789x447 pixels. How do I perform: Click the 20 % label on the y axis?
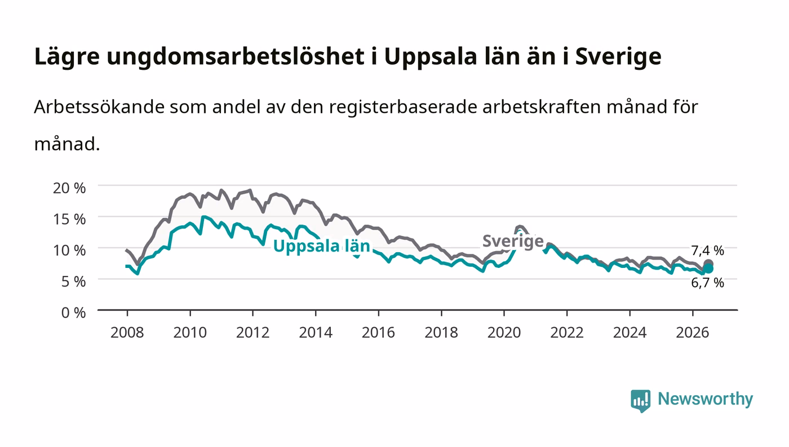coord(69,188)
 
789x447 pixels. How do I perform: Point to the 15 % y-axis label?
coord(69,219)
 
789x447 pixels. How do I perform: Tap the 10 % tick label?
coord(69,251)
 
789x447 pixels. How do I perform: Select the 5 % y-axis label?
coord(73,281)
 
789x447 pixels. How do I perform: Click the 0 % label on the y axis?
coord(73,312)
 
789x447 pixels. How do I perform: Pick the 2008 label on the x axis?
coord(127,333)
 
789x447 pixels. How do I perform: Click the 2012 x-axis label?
coord(253,333)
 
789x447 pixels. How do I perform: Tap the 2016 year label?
coord(378,333)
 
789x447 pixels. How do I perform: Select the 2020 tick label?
coord(504,333)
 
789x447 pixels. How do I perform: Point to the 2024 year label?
coord(630,333)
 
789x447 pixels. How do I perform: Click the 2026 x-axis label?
coord(693,333)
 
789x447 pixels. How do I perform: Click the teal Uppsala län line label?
coord(322,247)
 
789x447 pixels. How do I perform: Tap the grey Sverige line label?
coord(513,242)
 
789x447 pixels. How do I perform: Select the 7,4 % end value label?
coord(708,251)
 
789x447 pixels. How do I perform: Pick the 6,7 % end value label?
coord(708,283)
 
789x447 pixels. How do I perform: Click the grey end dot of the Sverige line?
coord(708,263)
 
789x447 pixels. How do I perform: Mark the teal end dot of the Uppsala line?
coord(708,269)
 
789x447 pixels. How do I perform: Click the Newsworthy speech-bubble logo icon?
coord(640,400)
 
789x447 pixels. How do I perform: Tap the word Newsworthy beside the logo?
coord(705,399)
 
